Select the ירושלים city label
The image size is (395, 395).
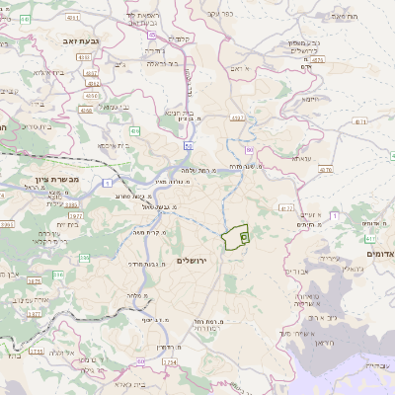click(x=194, y=260)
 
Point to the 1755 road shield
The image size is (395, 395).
click(x=37, y=351)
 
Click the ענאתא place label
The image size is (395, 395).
click(x=300, y=157)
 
